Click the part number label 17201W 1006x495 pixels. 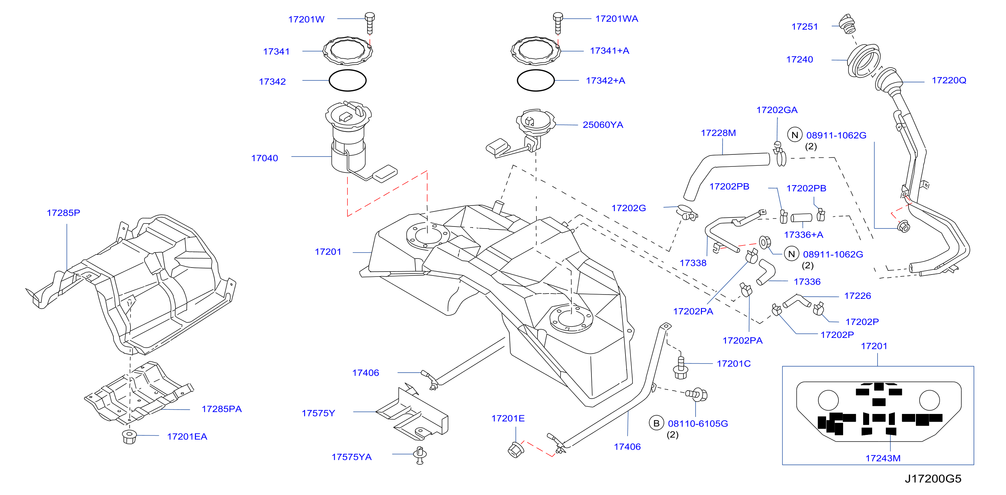click(x=306, y=19)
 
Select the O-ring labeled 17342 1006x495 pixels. click(x=347, y=80)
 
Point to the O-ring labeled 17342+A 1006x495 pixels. click(x=536, y=80)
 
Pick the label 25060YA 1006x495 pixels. click(x=603, y=125)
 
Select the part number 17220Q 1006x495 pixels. click(x=949, y=80)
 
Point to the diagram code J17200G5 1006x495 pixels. click(x=933, y=479)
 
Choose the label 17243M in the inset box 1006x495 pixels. click(x=883, y=458)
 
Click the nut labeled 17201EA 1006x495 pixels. click(x=129, y=437)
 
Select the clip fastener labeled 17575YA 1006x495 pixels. click(x=420, y=455)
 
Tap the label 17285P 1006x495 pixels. click(x=63, y=213)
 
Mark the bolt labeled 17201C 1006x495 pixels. click(x=681, y=367)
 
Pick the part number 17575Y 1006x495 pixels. click(x=318, y=413)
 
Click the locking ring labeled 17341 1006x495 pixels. click(x=347, y=51)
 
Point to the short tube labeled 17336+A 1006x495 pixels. click(x=801, y=217)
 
